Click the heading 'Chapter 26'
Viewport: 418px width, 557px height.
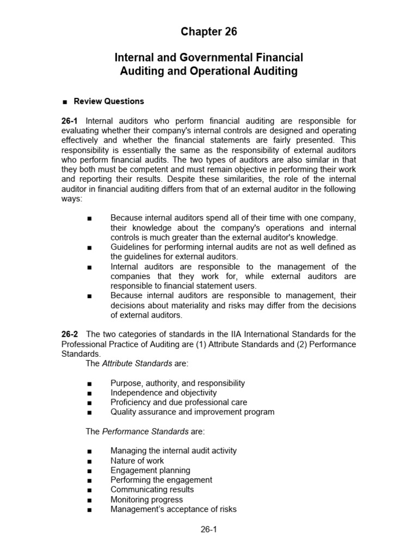pos(209,32)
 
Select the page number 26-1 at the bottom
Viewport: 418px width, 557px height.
pos(209,528)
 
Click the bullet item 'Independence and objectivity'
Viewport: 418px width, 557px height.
pos(163,393)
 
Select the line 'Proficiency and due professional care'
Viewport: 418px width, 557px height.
pos(179,403)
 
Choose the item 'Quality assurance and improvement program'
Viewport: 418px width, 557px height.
pos(192,412)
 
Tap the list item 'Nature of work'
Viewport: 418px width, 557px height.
pos(137,461)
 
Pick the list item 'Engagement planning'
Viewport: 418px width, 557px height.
pos(150,471)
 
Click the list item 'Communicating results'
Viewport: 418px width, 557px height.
pos(152,490)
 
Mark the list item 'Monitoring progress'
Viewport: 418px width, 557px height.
pos(146,499)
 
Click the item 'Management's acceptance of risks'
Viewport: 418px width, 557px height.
pos(173,509)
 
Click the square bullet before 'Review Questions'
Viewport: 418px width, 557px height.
pos(65,102)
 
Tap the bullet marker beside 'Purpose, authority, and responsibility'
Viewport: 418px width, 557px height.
pos(89,383)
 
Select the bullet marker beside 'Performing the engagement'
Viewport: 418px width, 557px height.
pos(89,480)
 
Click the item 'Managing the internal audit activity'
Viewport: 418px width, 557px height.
pos(173,451)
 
